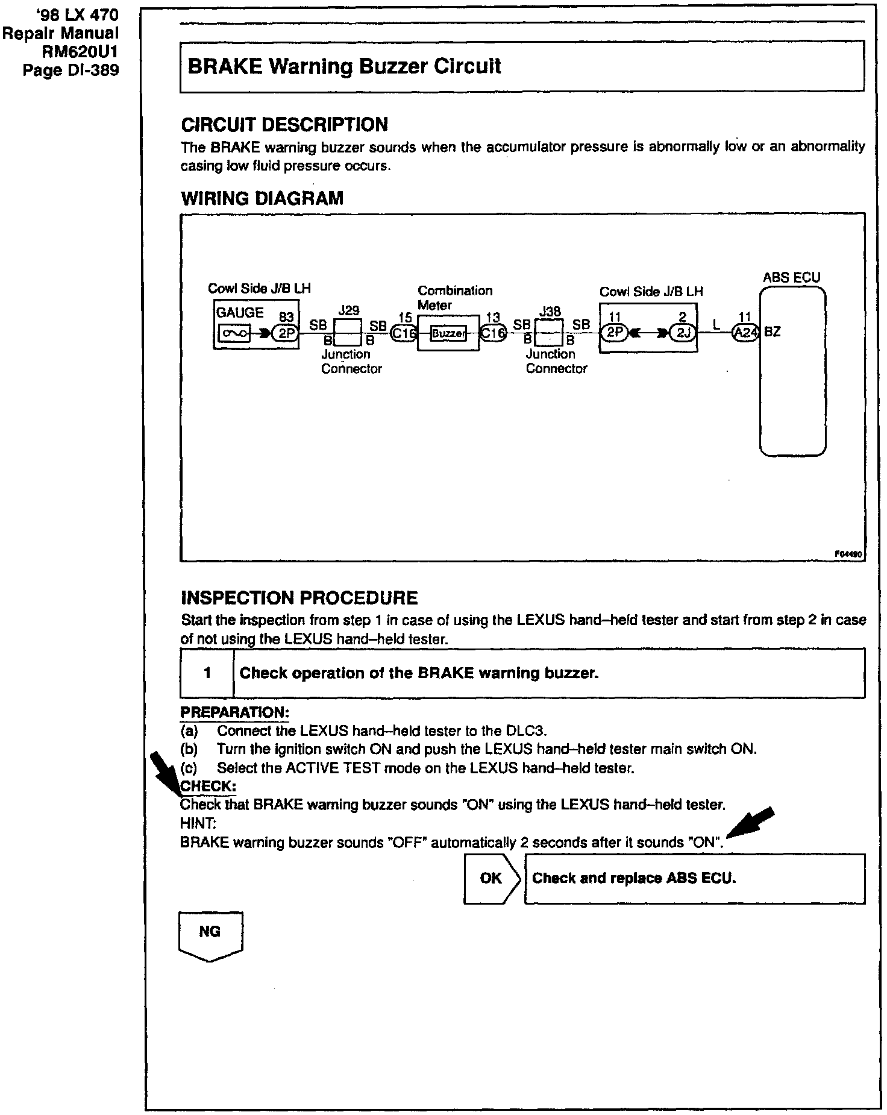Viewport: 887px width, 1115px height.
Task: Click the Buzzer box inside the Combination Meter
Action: click(x=449, y=333)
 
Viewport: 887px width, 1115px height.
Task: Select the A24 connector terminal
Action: click(x=745, y=333)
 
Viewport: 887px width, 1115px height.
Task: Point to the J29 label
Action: click(x=348, y=310)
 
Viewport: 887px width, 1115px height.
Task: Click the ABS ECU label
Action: click(x=791, y=277)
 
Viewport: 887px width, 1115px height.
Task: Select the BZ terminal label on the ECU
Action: click(x=773, y=332)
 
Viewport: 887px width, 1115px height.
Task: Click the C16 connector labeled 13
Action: click(x=493, y=333)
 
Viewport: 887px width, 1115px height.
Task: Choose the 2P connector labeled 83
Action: click(x=285, y=333)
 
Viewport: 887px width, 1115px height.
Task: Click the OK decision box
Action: click(x=492, y=878)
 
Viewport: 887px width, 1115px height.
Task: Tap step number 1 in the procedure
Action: click(x=207, y=673)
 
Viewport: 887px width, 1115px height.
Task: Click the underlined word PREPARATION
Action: click(x=234, y=712)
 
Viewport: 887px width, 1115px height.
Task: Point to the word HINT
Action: click(x=194, y=823)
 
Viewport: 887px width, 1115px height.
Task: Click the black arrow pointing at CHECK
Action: click(x=165, y=771)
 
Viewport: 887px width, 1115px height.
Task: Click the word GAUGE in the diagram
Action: click(x=240, y=313)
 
